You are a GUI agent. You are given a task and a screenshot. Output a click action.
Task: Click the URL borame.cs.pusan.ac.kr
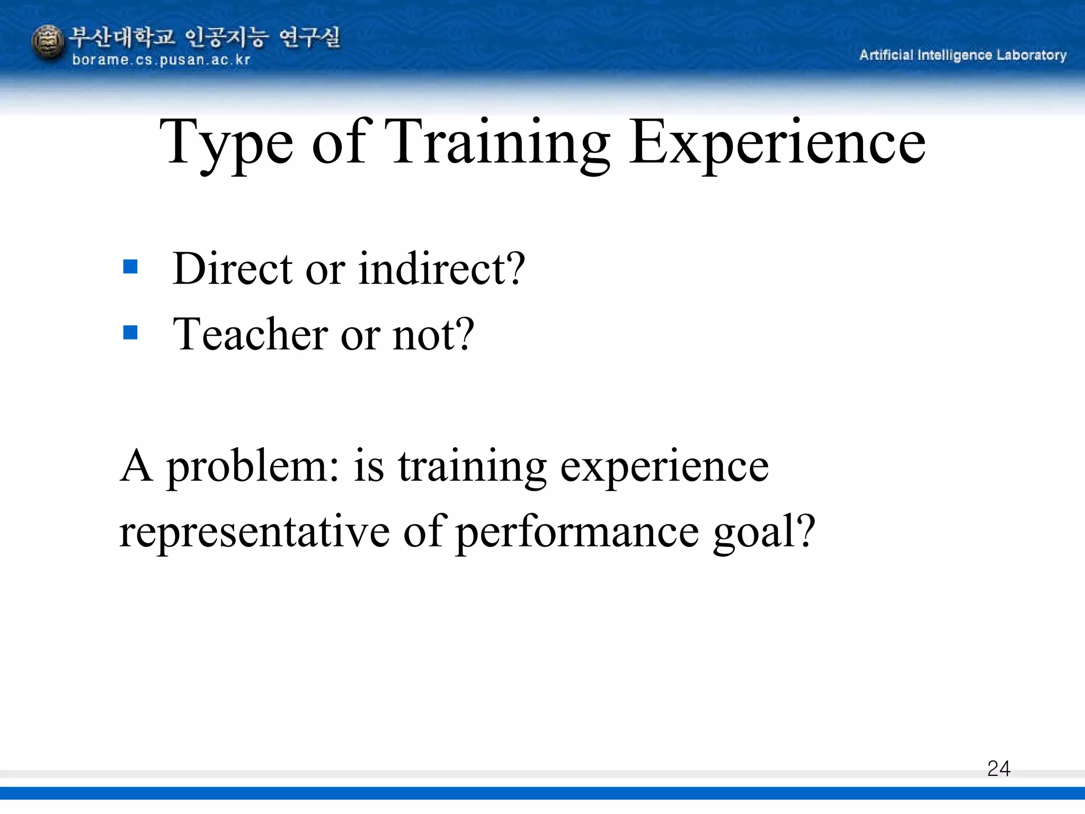pos(161,60)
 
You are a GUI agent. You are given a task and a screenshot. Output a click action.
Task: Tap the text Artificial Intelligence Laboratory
pos(962,55)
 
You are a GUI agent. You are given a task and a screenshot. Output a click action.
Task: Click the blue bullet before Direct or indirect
pos(130,266)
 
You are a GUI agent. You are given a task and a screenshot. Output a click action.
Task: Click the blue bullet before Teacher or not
pos(130,332)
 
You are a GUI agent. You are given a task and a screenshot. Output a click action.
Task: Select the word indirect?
pos(441,269)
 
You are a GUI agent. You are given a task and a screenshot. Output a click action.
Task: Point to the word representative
pos(254,533)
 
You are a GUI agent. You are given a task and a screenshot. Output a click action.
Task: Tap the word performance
pos(577,533)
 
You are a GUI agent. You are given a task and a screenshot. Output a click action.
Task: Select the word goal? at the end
pos(763,533)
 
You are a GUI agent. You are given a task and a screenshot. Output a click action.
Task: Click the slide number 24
pos(998,768)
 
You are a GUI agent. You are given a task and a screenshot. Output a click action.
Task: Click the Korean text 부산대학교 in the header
pos(121,37)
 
